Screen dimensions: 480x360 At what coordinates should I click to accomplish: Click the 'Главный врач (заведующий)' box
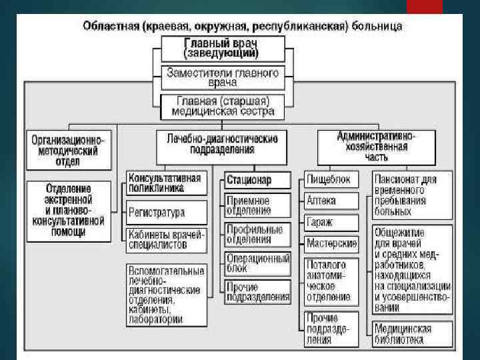222,49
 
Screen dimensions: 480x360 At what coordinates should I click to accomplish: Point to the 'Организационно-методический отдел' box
69,146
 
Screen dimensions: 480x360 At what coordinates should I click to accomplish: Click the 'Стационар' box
257,180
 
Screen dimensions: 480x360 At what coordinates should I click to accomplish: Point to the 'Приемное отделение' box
257,205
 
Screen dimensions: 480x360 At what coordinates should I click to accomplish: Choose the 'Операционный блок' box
257,263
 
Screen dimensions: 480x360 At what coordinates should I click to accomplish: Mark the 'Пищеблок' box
331,179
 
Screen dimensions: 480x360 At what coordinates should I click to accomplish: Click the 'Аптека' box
331,201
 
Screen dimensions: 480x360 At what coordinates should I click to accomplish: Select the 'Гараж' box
331,222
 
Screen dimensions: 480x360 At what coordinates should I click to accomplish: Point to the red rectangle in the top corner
424,7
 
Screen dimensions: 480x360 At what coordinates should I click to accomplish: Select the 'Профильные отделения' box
257,234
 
